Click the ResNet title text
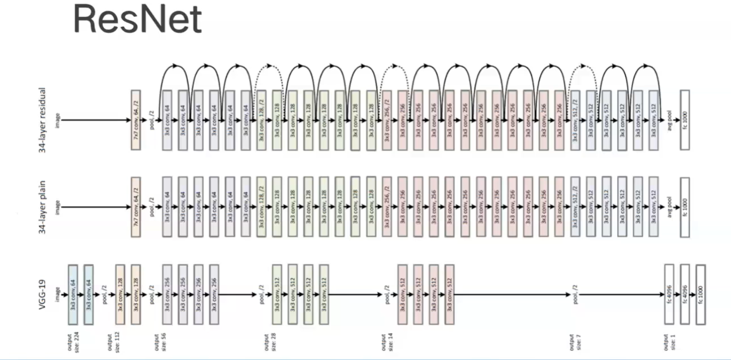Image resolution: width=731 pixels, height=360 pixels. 137,20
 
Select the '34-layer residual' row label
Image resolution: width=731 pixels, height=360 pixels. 43,120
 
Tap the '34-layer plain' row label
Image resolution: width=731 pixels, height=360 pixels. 43,207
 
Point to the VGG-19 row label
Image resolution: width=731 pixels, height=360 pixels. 43,295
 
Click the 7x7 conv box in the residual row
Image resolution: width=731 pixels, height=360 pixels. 136,120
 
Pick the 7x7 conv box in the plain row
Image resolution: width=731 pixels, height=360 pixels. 136,207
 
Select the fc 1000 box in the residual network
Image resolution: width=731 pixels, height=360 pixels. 685,120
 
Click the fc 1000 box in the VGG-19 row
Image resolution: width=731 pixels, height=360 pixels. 700,295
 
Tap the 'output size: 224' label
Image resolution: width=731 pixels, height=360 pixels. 72,341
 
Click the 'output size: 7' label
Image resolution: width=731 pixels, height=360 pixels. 574,341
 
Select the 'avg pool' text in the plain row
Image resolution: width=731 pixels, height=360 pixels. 669,207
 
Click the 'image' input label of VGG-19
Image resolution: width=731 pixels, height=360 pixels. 58,295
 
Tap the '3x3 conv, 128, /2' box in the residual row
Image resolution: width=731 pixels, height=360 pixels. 261,120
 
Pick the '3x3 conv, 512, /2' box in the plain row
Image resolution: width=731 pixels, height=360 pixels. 576,207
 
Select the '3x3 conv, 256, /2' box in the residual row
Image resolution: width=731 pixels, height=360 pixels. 387,120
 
